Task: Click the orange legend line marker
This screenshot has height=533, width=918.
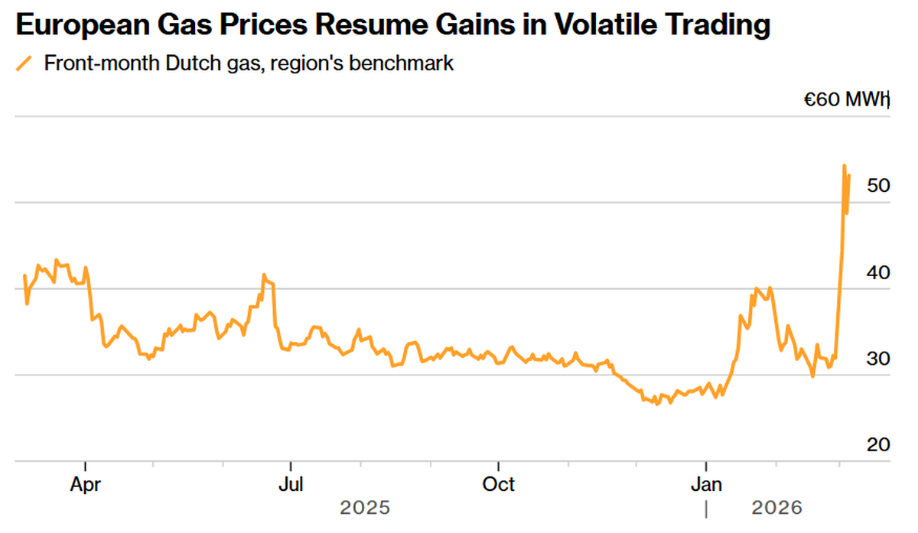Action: [24, 63]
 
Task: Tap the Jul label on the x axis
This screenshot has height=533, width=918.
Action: [290, 485]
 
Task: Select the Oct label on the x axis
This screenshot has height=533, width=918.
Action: [499, 485]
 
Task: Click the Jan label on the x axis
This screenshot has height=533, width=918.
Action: [706, 485]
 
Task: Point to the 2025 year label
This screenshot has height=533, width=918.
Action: [365, 508]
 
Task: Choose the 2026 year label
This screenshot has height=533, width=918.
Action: [776, 508]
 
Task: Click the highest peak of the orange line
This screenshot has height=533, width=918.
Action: [844, 165]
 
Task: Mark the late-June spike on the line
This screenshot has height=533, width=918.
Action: [264, 275]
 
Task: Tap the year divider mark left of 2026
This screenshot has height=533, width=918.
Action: [706, 508]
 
